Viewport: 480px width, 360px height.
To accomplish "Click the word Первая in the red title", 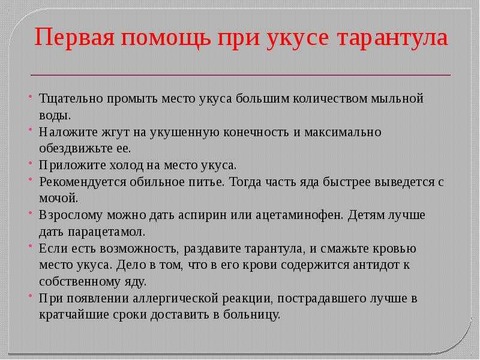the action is tap(74, 37).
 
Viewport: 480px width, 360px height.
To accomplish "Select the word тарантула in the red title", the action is tap(392, 38).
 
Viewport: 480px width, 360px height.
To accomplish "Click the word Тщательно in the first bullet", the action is tap(70, 98).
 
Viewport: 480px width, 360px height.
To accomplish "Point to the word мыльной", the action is tap(397, 98).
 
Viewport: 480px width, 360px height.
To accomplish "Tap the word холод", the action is tap(127, 166).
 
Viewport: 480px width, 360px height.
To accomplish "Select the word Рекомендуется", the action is tap(82, 182).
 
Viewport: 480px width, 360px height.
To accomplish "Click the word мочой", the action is tap(59, 199).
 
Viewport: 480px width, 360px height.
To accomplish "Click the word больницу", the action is tap(251, 314).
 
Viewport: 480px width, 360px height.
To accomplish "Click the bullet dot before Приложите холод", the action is tap(31, 162).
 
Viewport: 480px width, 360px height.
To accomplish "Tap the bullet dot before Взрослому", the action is tap(31, 212).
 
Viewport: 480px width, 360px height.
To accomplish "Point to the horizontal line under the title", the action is tap(241, 74).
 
